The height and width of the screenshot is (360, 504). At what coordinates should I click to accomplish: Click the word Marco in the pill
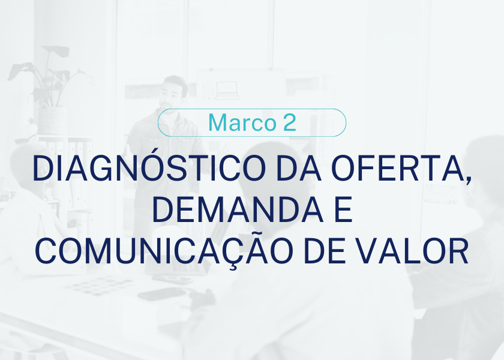pyautogui.click(x=242, y=122)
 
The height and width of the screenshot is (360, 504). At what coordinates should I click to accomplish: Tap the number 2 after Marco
pyautogui.click(x=290, y=122)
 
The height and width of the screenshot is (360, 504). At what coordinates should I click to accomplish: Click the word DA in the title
pyautogui.click(x=299, y=169)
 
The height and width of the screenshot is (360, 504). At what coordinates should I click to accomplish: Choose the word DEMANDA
pyautogui.click(x=237, y=210)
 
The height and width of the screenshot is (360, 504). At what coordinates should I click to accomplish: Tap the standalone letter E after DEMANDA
pyautogui.click(x=344, y=210)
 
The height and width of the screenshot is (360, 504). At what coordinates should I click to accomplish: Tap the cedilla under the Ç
pyautogui.click(x=234, y=267)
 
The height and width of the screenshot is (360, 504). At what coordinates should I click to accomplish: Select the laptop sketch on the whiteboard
pyautogui.click(x=227, y=91)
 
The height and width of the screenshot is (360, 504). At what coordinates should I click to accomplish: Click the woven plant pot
pyautogui.click(x=52, y=121)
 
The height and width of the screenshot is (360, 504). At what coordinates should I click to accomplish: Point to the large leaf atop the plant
pyautogui.click(x=56, y=51)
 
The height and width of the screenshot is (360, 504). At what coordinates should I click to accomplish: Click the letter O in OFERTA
pyautogui.click(x=343, y=169)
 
